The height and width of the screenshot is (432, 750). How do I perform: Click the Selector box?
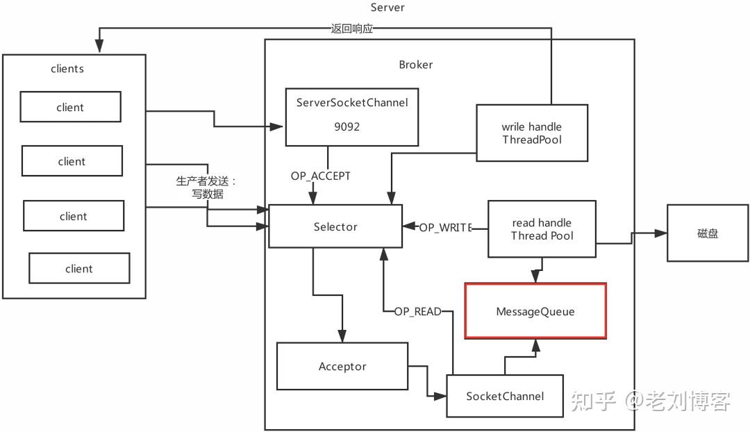pyautogui.click(x=335, y=226)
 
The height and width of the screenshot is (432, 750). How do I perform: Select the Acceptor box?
pyautogui.click(x=342, y=366)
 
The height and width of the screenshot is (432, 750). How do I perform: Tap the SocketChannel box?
pyautogui.click(x=504, y=396)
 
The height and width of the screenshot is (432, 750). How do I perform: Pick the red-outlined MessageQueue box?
pyautogui.click(x=535, y=311)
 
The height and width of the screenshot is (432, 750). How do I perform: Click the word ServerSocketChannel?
pyautogui.click(x=352, y=103)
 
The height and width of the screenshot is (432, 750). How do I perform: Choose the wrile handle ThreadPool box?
pyautogui.click(x=531, y=133)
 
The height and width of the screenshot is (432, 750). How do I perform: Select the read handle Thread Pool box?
pyautogui.click(x=541, y=229)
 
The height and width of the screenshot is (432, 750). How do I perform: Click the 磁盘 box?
pyautogui.click(x=708, y=233)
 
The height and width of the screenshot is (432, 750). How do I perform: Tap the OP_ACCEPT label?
pyautogui.click(x=320, y=176)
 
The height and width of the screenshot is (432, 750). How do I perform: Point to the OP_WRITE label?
pyautogui.click(x=445, y=227)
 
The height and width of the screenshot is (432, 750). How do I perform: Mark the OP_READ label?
pyautogui.click(x=417, y=312)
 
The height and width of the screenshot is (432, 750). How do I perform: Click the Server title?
pyautogui.click(x=387, y=8)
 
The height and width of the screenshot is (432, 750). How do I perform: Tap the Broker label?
pyautogui.click(x=415, y=65)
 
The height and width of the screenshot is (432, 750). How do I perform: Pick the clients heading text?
pyautogui.click(x=67, y=69)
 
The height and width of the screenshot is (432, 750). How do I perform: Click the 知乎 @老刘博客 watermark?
pyautogui.click(x=650, y=401)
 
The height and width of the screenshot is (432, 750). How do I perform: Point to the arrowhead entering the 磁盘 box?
pyautogui.click(x=662, y=233)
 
